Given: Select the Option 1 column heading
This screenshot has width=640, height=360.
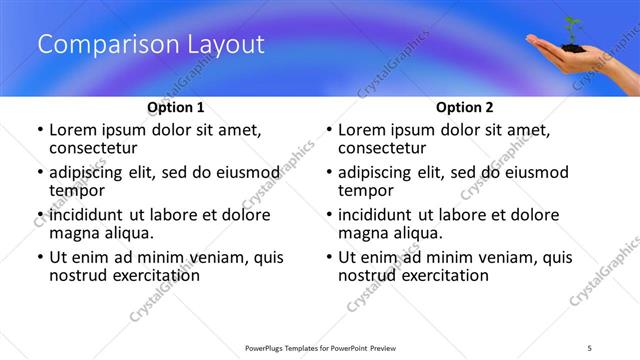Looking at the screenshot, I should tap(176, 107).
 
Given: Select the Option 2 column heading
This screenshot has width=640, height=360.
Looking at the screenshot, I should tap(465, 107).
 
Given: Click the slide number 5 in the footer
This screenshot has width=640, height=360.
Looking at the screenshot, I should tap(590, 347).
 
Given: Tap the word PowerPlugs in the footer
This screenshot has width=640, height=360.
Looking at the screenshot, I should tap(267, 347).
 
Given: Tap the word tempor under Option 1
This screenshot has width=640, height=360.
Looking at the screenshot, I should tap(77, 190).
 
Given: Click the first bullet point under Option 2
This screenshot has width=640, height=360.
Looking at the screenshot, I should tap(329, 131).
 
